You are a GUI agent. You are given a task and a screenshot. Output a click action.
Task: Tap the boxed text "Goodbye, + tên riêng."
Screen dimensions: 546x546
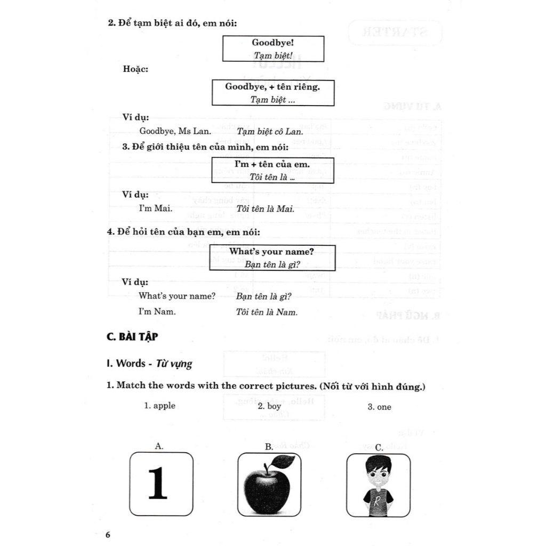click(x=272, y=86)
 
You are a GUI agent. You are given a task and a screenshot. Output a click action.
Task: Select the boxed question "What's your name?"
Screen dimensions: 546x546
click(x=272, y=251)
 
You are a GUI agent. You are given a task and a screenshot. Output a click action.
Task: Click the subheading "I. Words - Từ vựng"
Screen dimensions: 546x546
click(x=149, y=364)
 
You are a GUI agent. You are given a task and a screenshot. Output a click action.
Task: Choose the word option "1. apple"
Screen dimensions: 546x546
click(x=159, y=406)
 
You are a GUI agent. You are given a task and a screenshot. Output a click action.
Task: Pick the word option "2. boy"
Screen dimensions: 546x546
click(x=269, y=406)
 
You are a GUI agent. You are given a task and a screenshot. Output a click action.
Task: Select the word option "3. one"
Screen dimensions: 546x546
click(x=379, y=407)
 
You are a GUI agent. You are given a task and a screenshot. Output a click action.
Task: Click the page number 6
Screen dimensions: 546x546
click(x=108, y=535)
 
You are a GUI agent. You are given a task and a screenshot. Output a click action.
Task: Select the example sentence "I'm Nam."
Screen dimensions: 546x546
click(x=157, y=311)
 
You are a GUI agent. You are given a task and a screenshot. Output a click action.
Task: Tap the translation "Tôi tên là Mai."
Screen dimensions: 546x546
click(x=265, y=209)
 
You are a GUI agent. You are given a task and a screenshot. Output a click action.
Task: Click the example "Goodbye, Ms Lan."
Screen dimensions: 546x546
click(x=175, y=131)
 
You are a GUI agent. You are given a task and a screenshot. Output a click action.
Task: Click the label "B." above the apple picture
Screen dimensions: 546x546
click(x=269, y=447)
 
